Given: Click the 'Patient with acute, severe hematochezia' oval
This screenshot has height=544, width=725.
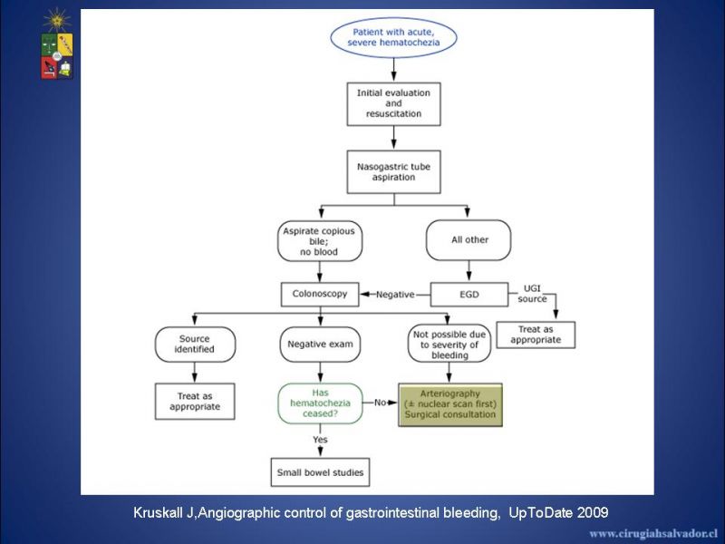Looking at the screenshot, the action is [393, 37].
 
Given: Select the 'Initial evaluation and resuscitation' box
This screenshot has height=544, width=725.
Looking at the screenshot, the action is [393, 104].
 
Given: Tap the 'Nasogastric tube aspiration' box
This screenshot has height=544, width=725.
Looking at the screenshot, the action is [393, 172].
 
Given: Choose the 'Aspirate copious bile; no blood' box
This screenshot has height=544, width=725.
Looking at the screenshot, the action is [320, 241].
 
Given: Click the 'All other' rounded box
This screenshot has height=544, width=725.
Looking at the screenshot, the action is [469, 240].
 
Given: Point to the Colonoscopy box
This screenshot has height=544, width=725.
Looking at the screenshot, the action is [320, 294].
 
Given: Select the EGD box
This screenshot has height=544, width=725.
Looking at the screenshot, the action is [469, 295].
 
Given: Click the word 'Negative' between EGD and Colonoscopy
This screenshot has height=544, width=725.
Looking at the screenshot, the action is [395, 295].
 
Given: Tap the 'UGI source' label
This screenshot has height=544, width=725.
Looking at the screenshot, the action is [532, 294].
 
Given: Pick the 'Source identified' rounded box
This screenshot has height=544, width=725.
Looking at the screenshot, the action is [195, 345].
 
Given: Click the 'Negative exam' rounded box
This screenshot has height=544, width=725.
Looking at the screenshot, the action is [320, 345].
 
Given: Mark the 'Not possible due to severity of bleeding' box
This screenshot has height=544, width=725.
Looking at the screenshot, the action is [449, 345].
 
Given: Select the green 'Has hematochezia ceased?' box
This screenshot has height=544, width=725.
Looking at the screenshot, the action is [320, 403].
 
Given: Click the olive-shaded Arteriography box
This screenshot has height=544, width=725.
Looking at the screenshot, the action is [450, 404].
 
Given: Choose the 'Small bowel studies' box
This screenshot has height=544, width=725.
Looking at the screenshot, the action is [320, 472].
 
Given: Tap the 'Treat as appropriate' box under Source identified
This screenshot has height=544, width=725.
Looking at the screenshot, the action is [195, 402].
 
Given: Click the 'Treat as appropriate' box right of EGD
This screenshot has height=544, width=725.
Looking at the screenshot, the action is [536, 335].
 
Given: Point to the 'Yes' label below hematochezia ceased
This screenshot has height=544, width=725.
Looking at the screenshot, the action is [320, 440].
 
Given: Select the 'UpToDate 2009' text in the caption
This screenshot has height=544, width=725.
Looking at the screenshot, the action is [558, 512].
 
